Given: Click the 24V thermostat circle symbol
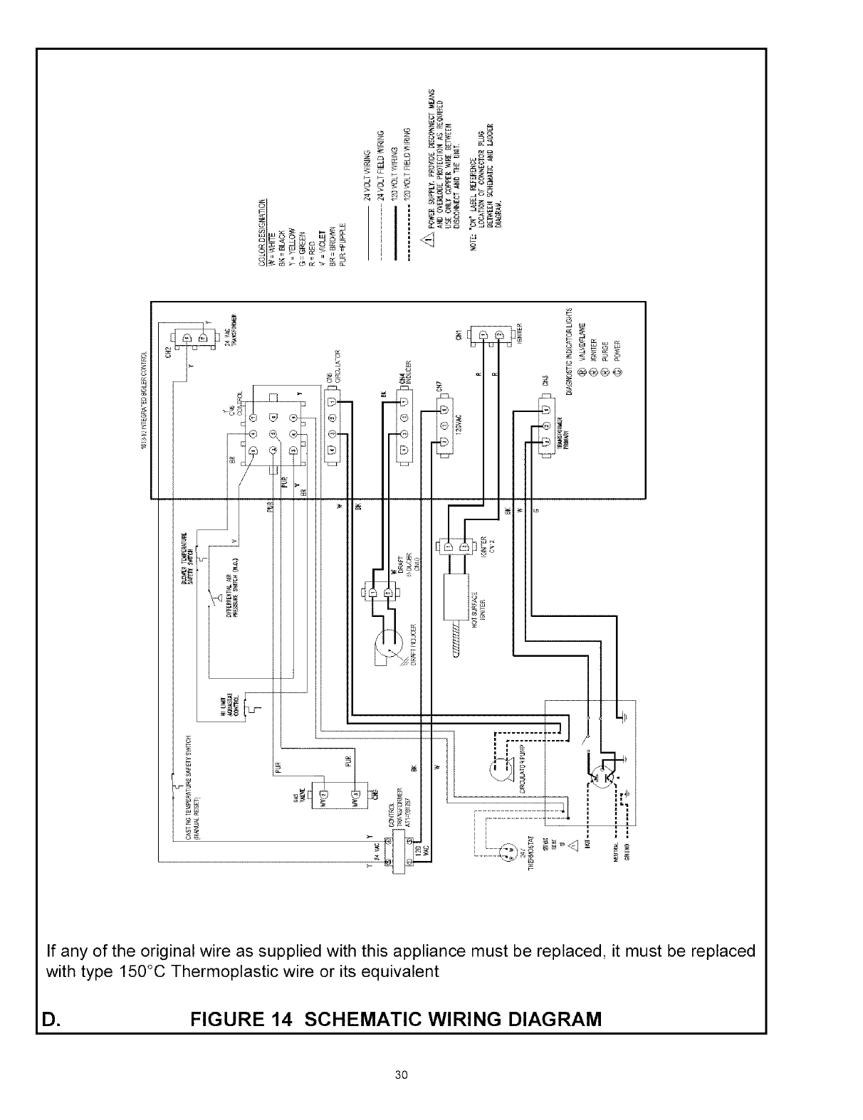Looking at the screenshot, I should tap(509, 850).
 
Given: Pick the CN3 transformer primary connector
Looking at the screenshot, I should tap(545, 427).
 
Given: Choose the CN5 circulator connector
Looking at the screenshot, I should tap(333, 427).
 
